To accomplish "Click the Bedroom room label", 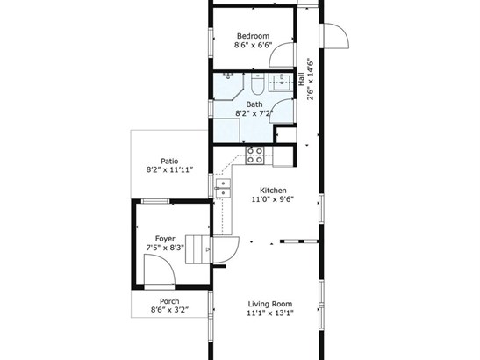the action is pyautogui.click(x=254, y=36).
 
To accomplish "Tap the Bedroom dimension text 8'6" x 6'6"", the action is pyautogui.click(x=254, y=46).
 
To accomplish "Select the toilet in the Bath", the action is pyautogui.click(x=257, y=84).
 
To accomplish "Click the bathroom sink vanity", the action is pyautogui.click(x=282, y=83).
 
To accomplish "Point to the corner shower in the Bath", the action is pyautogui.click(x=228, y=86).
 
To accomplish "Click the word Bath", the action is pyautogui.click(x=254, y=104).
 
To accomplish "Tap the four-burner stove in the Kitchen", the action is pyautogui.click(x=255, y=155).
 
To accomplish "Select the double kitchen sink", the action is pyautogui.click(x=223, y=189).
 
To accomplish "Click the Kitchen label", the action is pyautogui.click(x=273, y=191).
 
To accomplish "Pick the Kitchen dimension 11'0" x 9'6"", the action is pyautogui.click(x=273, y=199).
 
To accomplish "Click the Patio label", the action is pyautogui.click(x=169, y=162).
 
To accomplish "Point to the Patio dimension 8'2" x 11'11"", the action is pyautogui.click(x=169, y=170).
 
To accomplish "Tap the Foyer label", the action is pyautogui.click(x=165, y=239).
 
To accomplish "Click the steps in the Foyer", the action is pyautogui.click(x=197, y=249).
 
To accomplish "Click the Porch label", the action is pyautogui.click(x=169, y=301).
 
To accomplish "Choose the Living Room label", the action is pyautogui.click(x=270, y=304).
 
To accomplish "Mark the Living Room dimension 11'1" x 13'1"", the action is pyautogui.click(x=270, y=313).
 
